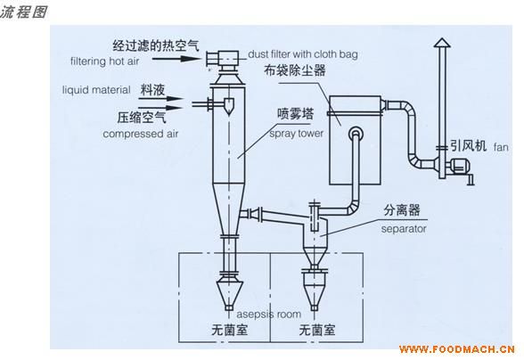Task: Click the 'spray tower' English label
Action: [297, 134]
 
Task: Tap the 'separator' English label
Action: [404, 229]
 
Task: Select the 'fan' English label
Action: [501, 147]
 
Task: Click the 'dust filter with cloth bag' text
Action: [303, 54]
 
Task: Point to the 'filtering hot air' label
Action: [105, 61]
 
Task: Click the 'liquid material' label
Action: [96, 90]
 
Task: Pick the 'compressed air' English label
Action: [141, 134]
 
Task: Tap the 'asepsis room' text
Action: [269, 315]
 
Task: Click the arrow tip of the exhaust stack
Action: [442, 38]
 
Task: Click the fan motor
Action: [459, 166]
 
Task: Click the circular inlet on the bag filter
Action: [356, 134]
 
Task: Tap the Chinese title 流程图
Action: [23, 12]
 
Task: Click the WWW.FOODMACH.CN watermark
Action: [457, 349]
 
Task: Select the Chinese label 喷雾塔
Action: [296, 115]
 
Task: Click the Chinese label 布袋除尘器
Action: [294, 70]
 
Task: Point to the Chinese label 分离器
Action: [401, 210]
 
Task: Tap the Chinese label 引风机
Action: [468, 145]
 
